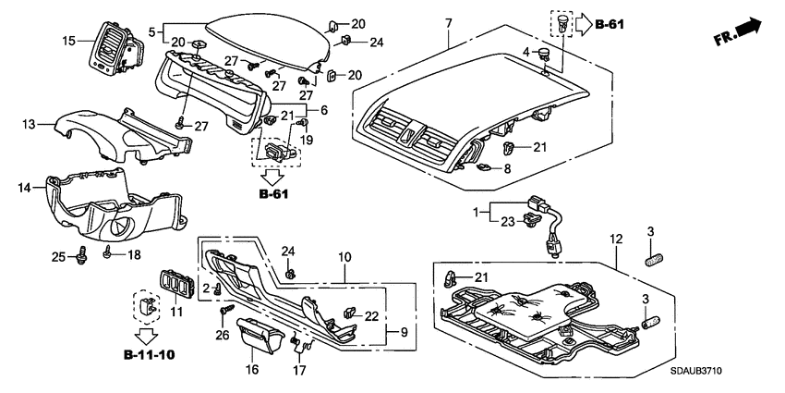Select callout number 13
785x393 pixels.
pyautogui.click(x=29, y=124)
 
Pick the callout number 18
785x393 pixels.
pyautogui.click(x=135, y=254)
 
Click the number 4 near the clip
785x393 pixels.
pyautogui.click(x=526, y=52)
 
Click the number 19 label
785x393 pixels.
pyautogui.click(x=307, y=139)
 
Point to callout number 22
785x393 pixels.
pyautogui.click(x=371, y=316)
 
